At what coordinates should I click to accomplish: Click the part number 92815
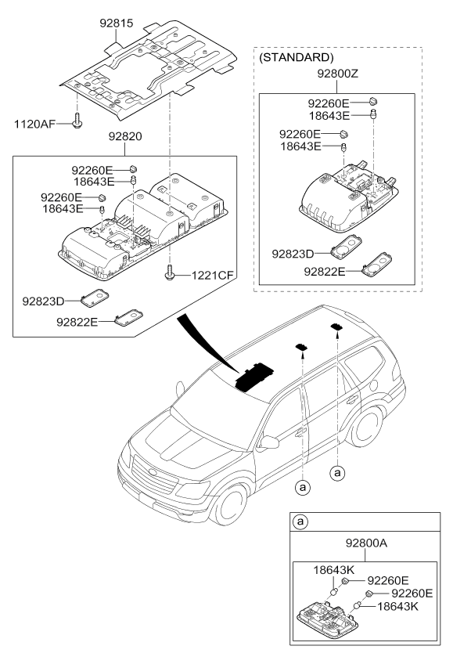pyautogui.click(x=117, y=23)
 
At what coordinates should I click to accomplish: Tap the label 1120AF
pyautogui.click(x=34, y=124)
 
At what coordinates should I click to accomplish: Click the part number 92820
pyautogui.click(x=125, y=136)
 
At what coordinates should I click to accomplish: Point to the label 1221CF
pyautogui.click(x=212, y=276)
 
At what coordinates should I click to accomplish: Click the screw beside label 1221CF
pyautogui.click(x=169, y=272)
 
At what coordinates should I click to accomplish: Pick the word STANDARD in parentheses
pyautogui.click(x=296, y=57)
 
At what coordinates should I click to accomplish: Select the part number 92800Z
pyautogui.click(x=338, y=74)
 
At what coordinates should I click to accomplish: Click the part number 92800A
pyautogui.click(x=366, y=543)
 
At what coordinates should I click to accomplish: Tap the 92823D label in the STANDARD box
pyautogui.click(x=293, y=254)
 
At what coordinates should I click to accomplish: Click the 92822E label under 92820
pyautogui.click(x=77, y=323)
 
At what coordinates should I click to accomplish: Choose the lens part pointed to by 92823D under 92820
pyautogui.click(x=95, y=298)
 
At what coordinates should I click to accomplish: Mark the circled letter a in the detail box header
pyautogui.click(x=300, y=522)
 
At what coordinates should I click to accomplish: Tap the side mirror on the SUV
pyautogui.click(x=269, y=442)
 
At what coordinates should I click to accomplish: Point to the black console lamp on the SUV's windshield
pyautogui.click(x=254, y=376)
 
